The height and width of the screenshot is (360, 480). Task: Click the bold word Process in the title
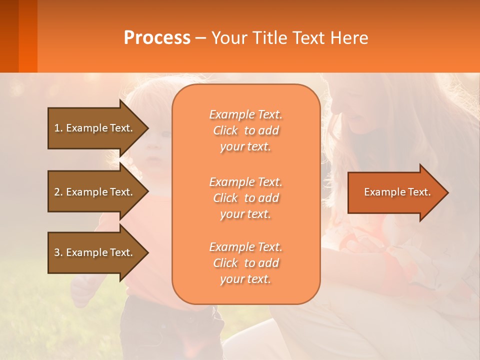click(157, 38)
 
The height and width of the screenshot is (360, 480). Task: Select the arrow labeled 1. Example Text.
click(95, 128)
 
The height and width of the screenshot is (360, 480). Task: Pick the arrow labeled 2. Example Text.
click(95, 192)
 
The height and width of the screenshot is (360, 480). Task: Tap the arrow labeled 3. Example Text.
click(95, 252)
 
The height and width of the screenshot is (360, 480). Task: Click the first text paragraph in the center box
click(245, 130)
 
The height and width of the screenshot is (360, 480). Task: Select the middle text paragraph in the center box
click(245, 198)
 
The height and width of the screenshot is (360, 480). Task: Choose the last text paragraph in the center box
click(245, 263)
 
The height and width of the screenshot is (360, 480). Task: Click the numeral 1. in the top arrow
click(58, 128)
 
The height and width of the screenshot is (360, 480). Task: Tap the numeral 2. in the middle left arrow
click(58, 192)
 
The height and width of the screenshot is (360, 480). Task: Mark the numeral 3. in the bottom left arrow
click(58, 252)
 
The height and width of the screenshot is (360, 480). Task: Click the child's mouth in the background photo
click(155, 160)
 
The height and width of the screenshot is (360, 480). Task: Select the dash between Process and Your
click(200, 38)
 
